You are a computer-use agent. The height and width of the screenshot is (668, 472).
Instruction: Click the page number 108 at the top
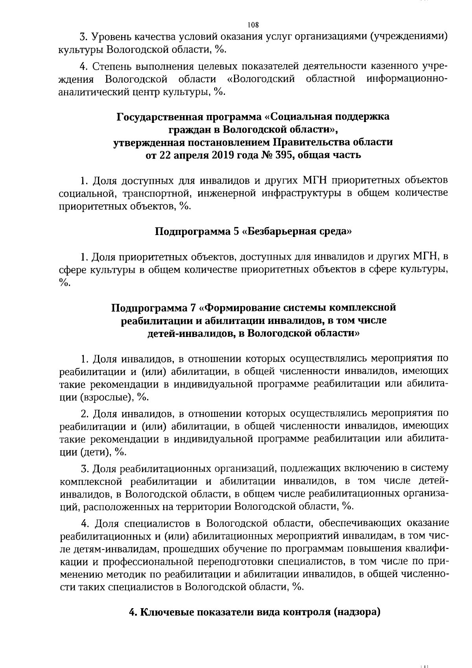253,25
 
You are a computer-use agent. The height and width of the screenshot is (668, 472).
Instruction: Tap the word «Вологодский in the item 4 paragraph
261,79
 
